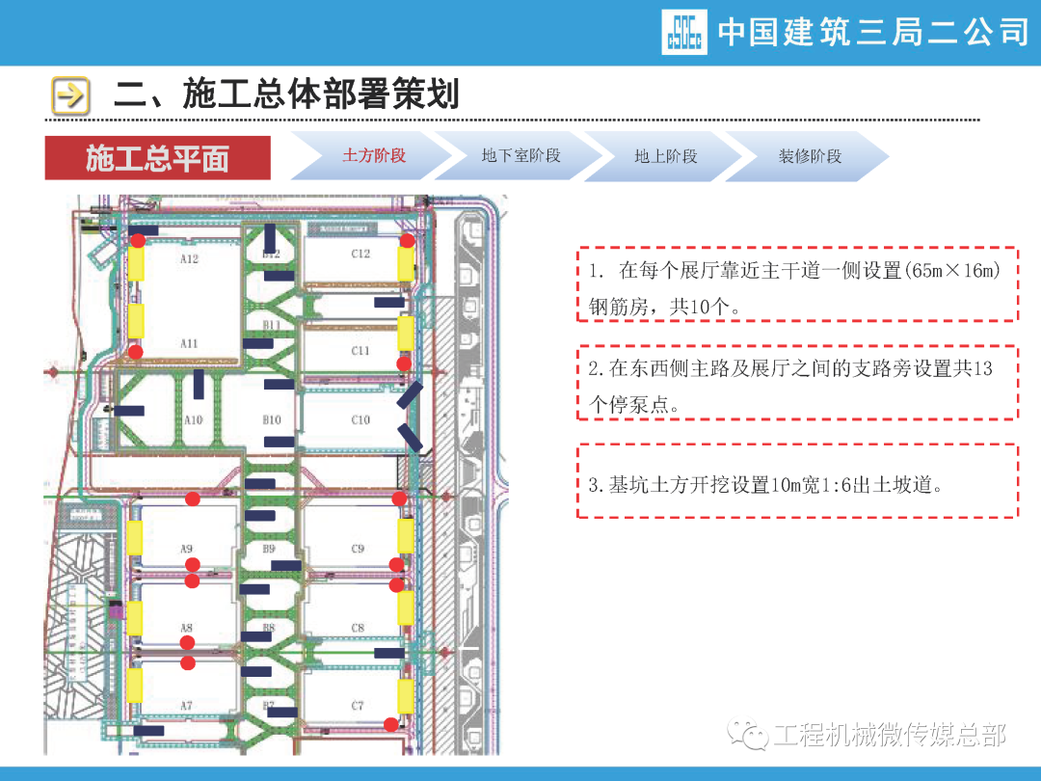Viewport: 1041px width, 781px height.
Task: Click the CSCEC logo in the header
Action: (684, 32)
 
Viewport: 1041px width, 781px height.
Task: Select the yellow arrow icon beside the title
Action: (70, 95)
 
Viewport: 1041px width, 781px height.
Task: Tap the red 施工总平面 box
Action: (157, 158)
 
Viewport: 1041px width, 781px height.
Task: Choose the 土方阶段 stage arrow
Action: (374, 156)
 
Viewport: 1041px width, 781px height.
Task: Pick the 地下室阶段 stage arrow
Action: (520, 156)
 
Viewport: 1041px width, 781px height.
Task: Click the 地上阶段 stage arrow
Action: (665, 156)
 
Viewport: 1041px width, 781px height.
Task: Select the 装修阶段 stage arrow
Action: (810, 156)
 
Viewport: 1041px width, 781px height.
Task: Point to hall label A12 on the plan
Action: (189, 258)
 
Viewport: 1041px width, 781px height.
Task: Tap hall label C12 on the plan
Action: (360, 254)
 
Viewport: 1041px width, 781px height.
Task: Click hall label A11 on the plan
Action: (189, 343)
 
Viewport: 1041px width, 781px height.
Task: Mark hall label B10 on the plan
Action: (272, 420)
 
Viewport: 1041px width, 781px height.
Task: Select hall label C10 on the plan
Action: (360, 420)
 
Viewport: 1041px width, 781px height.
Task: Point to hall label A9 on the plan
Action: (187, 549)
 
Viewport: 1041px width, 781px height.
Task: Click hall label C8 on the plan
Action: (358, 629)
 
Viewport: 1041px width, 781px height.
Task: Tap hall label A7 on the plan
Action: (187, 707)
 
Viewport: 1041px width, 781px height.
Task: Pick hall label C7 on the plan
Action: (358, 707)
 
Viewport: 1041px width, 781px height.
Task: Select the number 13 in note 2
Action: (983, 368)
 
